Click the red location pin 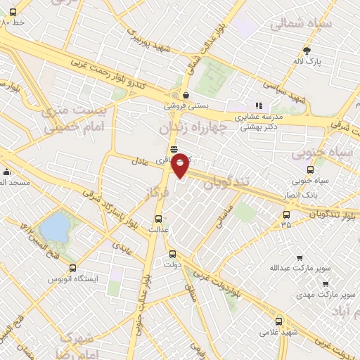pos(181,165)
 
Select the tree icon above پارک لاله pos(307,50)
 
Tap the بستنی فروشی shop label pos(186,105)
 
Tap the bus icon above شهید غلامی pos(279,321)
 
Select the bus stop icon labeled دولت pos(173,255)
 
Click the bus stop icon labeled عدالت pos(158,218)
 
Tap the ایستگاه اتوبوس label pos(73,279)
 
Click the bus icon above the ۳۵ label pos(286,214)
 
